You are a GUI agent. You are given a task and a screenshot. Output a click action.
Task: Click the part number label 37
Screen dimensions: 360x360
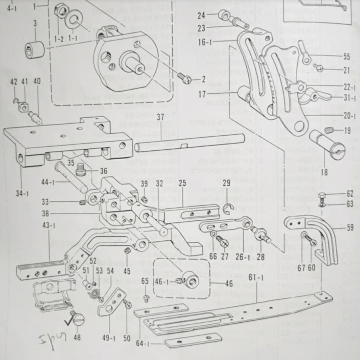(160, 118)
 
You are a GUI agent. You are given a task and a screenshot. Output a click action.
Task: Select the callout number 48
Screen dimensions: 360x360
(77, 338)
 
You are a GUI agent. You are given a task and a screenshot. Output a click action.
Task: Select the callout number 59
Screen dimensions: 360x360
(350, 228)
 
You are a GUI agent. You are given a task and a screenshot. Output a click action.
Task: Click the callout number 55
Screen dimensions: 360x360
(346, 57)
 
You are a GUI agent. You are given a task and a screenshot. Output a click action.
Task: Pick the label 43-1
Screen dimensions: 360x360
(48, 226)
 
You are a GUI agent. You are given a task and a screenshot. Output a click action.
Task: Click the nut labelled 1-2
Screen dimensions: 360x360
(61, 10)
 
